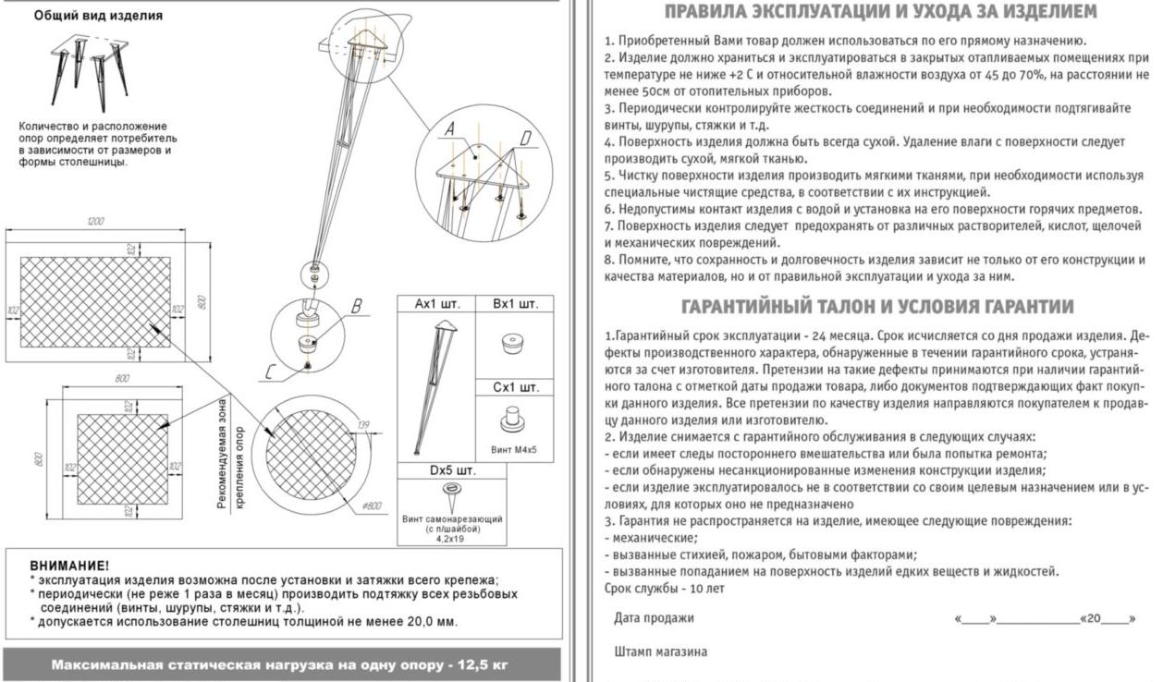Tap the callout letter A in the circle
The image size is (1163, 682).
450,132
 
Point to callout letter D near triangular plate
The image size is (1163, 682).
525,139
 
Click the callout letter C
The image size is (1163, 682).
268,372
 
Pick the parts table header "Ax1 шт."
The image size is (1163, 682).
435,303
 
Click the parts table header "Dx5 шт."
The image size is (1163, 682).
452,471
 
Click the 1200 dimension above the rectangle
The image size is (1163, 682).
94,222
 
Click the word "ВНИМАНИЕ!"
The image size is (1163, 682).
68,565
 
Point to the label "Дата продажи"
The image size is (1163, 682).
654,618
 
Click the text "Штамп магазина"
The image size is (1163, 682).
661,652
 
